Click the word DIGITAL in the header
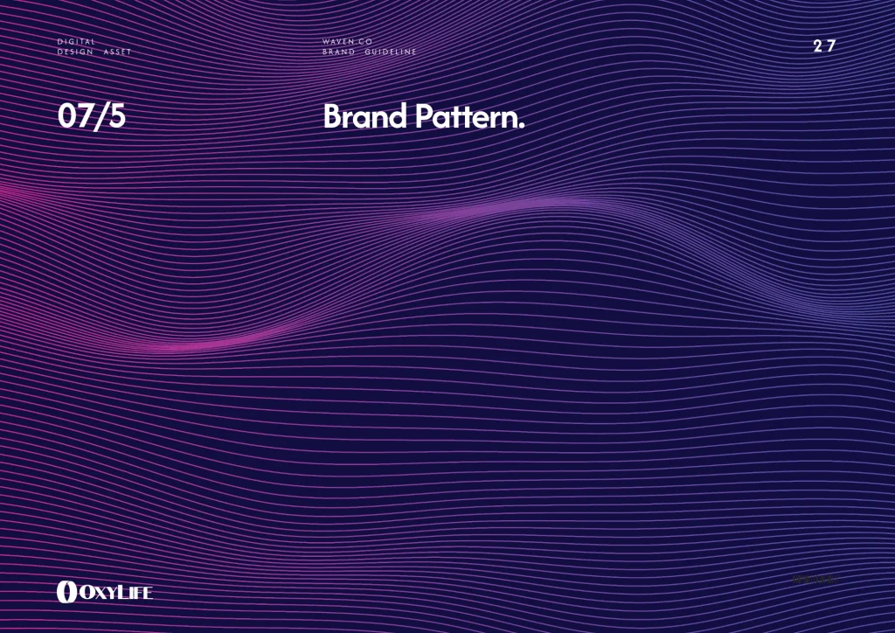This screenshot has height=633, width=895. [76, 42]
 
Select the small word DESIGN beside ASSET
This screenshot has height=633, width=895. [75, 52]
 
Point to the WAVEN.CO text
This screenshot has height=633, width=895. [347, 42]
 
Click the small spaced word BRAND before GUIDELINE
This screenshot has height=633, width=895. [338, 52]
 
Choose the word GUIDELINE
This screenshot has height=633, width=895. [391, 52]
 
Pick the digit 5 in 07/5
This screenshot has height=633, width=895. [116, 117]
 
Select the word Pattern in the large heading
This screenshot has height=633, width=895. [465, 117]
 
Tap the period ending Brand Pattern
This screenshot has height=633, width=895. [522, 125]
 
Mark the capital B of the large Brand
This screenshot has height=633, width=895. [332, 117]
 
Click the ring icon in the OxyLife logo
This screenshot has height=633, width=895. [66, 592]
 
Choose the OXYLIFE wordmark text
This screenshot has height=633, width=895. [115, 593]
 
